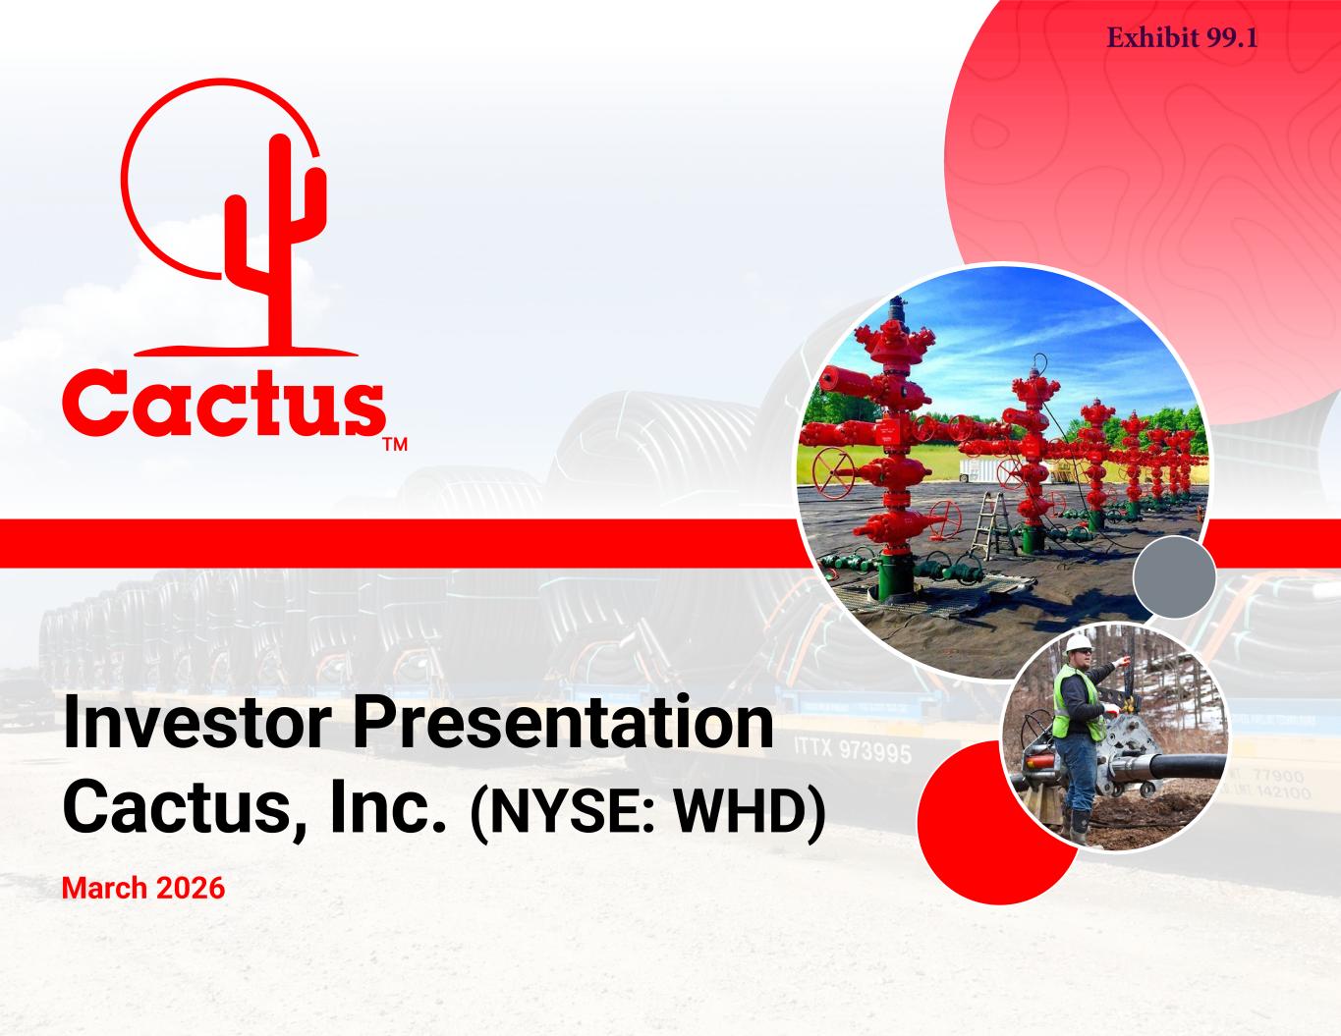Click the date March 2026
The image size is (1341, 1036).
click(143, 889)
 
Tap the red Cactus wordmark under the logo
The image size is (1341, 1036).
click(223, 402)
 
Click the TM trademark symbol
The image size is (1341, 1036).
click(395, 445)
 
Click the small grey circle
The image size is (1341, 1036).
click(1174, 576)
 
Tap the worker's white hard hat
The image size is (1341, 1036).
click(1079, 644)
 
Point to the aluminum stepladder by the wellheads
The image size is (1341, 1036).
click(991, 527)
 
